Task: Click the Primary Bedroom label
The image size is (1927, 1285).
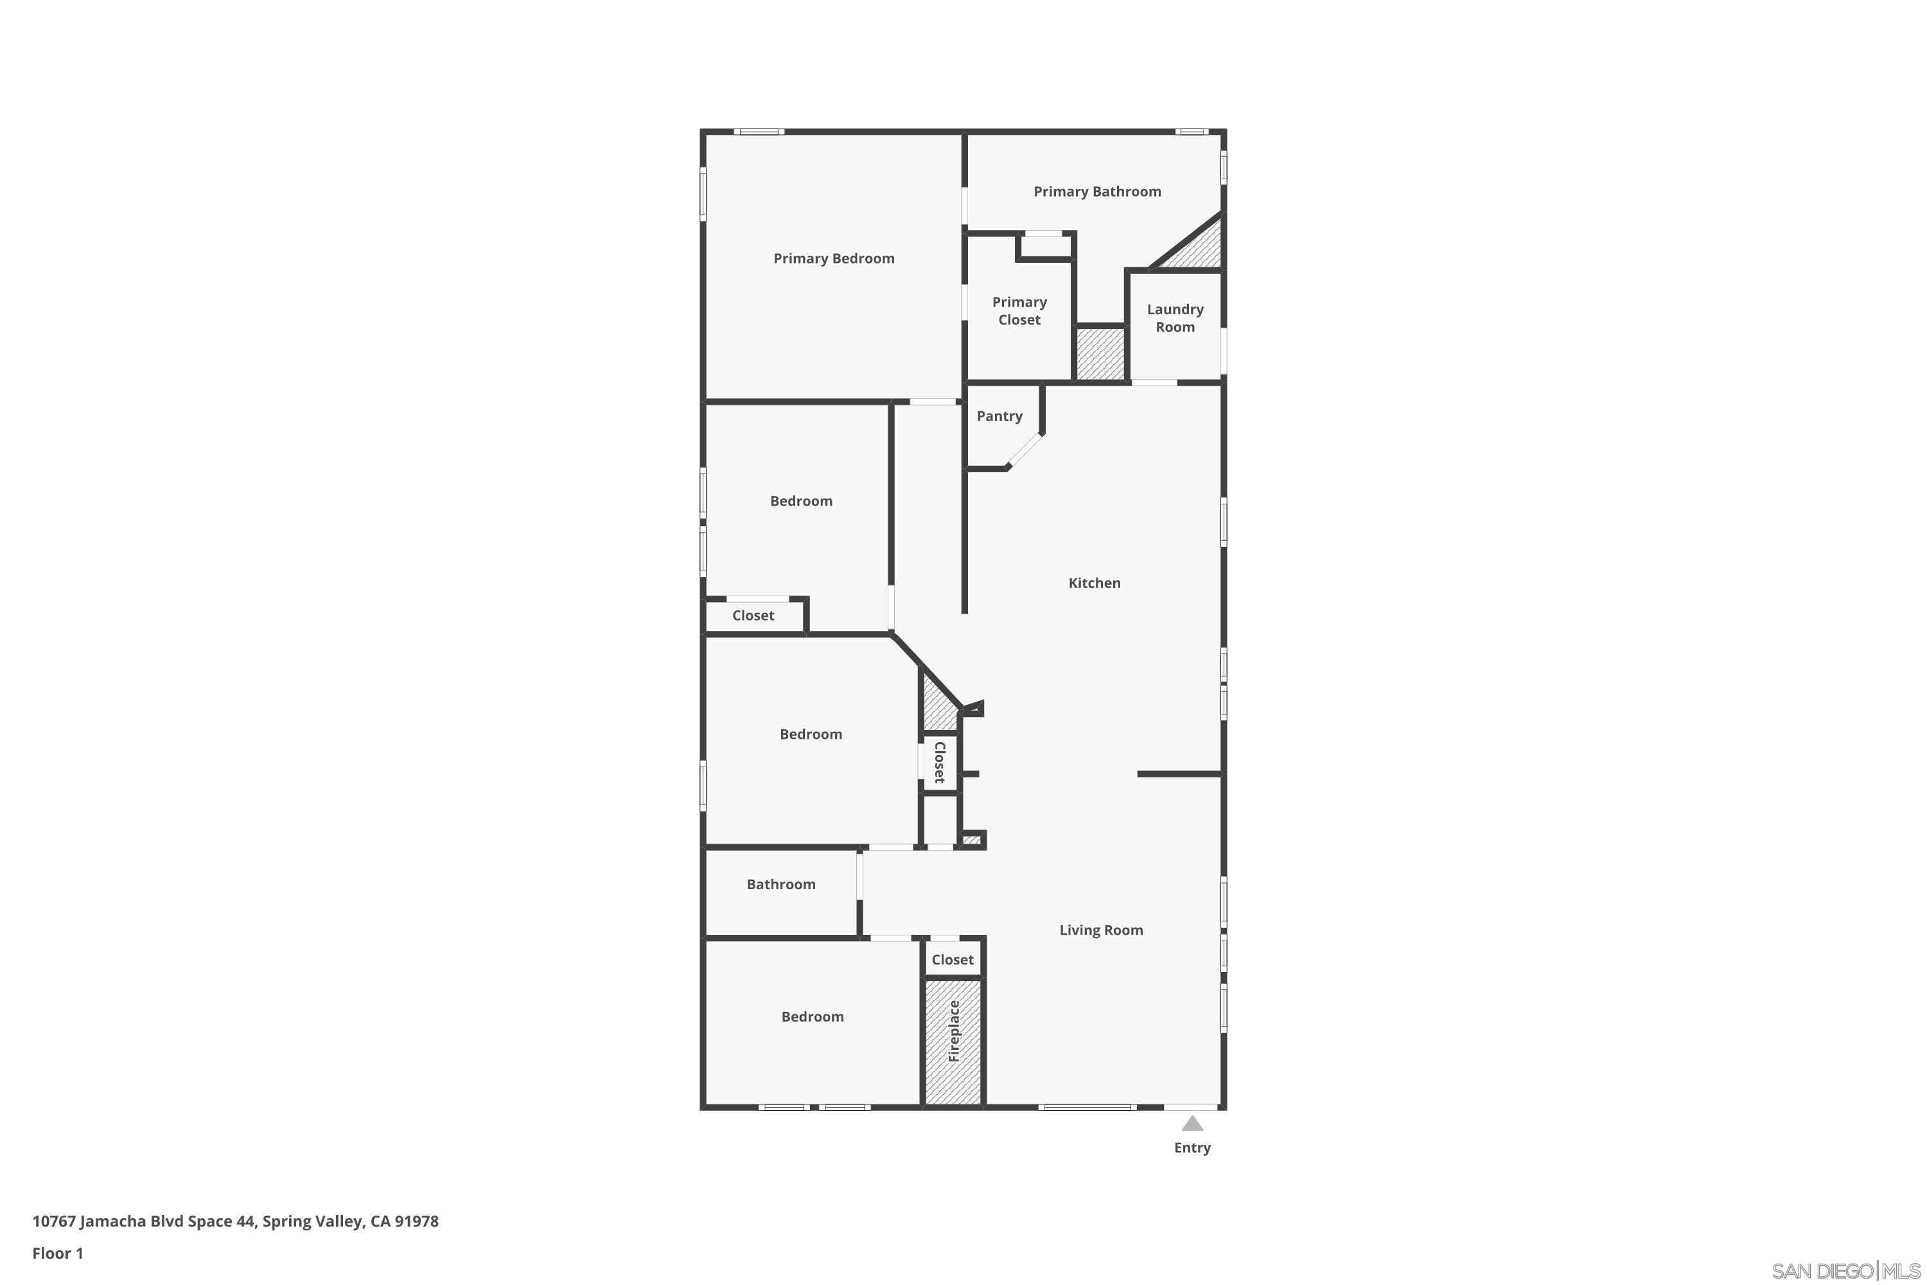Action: click(833, 259)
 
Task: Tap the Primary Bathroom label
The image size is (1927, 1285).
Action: click(1097, 191)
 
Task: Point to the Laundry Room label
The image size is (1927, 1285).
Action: click(1175, 318)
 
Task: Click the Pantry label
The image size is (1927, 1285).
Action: click(999, 416)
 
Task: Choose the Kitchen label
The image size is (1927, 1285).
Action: click(1094, 583)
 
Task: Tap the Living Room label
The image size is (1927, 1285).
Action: click(1100, 930)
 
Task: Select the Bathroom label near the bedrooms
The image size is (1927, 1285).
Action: click(781, 884)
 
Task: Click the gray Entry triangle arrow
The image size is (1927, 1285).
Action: click(1192, 1124)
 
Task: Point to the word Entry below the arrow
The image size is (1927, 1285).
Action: click(1192, 1148)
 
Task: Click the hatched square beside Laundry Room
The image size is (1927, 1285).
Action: click(1100, 354)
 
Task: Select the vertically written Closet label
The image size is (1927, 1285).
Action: click(940, 762)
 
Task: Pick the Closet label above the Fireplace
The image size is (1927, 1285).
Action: click(952, 960)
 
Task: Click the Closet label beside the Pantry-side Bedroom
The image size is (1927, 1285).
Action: click(753, 616)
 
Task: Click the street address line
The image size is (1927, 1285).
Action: click(235, 1221)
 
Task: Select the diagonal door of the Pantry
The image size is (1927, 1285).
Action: click(1025, 451)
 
